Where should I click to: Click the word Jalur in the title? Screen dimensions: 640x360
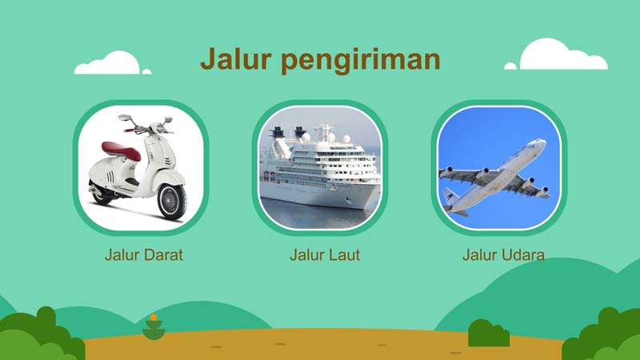pyautogui.click(x=235, y=58)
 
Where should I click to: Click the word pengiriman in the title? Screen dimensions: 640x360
pyautogui.click(x=361, y=62)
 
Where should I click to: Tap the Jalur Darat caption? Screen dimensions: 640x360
pyautogui.click(x=144, y=254)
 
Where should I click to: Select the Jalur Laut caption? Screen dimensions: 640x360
pyautogui.click(x=325, y=254)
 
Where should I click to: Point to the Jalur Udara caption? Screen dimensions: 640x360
pyautogui.click(x=503, y=254)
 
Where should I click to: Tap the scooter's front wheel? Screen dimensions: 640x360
pyautogui.click(x=172, y=202)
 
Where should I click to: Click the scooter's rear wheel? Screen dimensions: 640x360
pyautogui.click(x=102, y=196)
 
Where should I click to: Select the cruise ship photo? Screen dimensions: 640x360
pyautogui.click(x=320, y=168)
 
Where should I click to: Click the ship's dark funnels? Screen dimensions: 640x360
pyautogui.click(x=288, y=132)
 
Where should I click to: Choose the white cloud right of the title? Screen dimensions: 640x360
pyautogui.click(x=556, y=54)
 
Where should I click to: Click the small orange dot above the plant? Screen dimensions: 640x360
pyautogui.click(x=154, y=317)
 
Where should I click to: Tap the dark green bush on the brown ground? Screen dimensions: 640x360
pyautogui.click(x=489, y=333)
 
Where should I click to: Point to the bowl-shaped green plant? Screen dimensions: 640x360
pyautogui.click(x=154, y=330)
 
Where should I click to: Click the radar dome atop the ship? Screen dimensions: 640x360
pyautogui.click(x=306, y=137)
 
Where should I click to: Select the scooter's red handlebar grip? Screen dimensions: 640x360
pyautogui.click(x=130, y=130)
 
